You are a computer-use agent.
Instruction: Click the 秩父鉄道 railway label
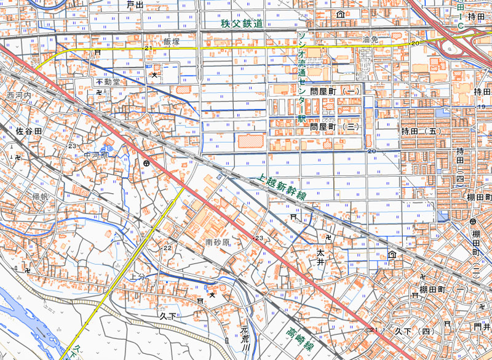tap(242, 23)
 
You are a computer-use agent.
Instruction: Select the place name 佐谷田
tap(29, 132)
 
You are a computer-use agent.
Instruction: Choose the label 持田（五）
tap(422, 132)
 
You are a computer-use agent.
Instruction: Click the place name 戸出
tap(134, 5)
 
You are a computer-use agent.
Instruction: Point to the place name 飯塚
tap(171, 41)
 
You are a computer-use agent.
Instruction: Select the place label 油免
tap(369, 39)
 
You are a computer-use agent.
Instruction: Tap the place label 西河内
tap(18, 97)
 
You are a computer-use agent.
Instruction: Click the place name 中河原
tap(96, 155)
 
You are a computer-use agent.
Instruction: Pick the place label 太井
tap(320, 257)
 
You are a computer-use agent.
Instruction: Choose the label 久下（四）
tap(415, 332)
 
